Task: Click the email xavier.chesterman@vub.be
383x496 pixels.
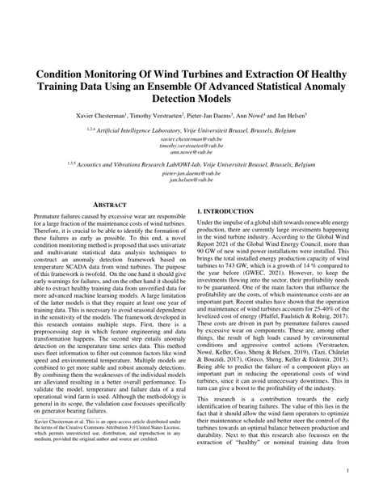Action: (x=191, y=138)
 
